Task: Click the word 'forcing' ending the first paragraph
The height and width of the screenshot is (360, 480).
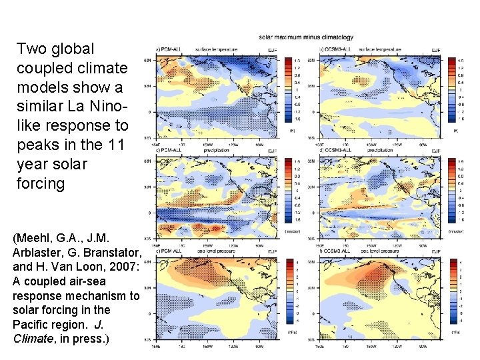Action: [x=40, y=183]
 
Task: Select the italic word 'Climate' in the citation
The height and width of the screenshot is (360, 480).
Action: [x=31, y=339]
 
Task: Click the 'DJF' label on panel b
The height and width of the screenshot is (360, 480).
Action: [x=436, y=49]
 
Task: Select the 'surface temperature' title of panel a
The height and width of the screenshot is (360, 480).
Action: [x=213, y=49]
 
